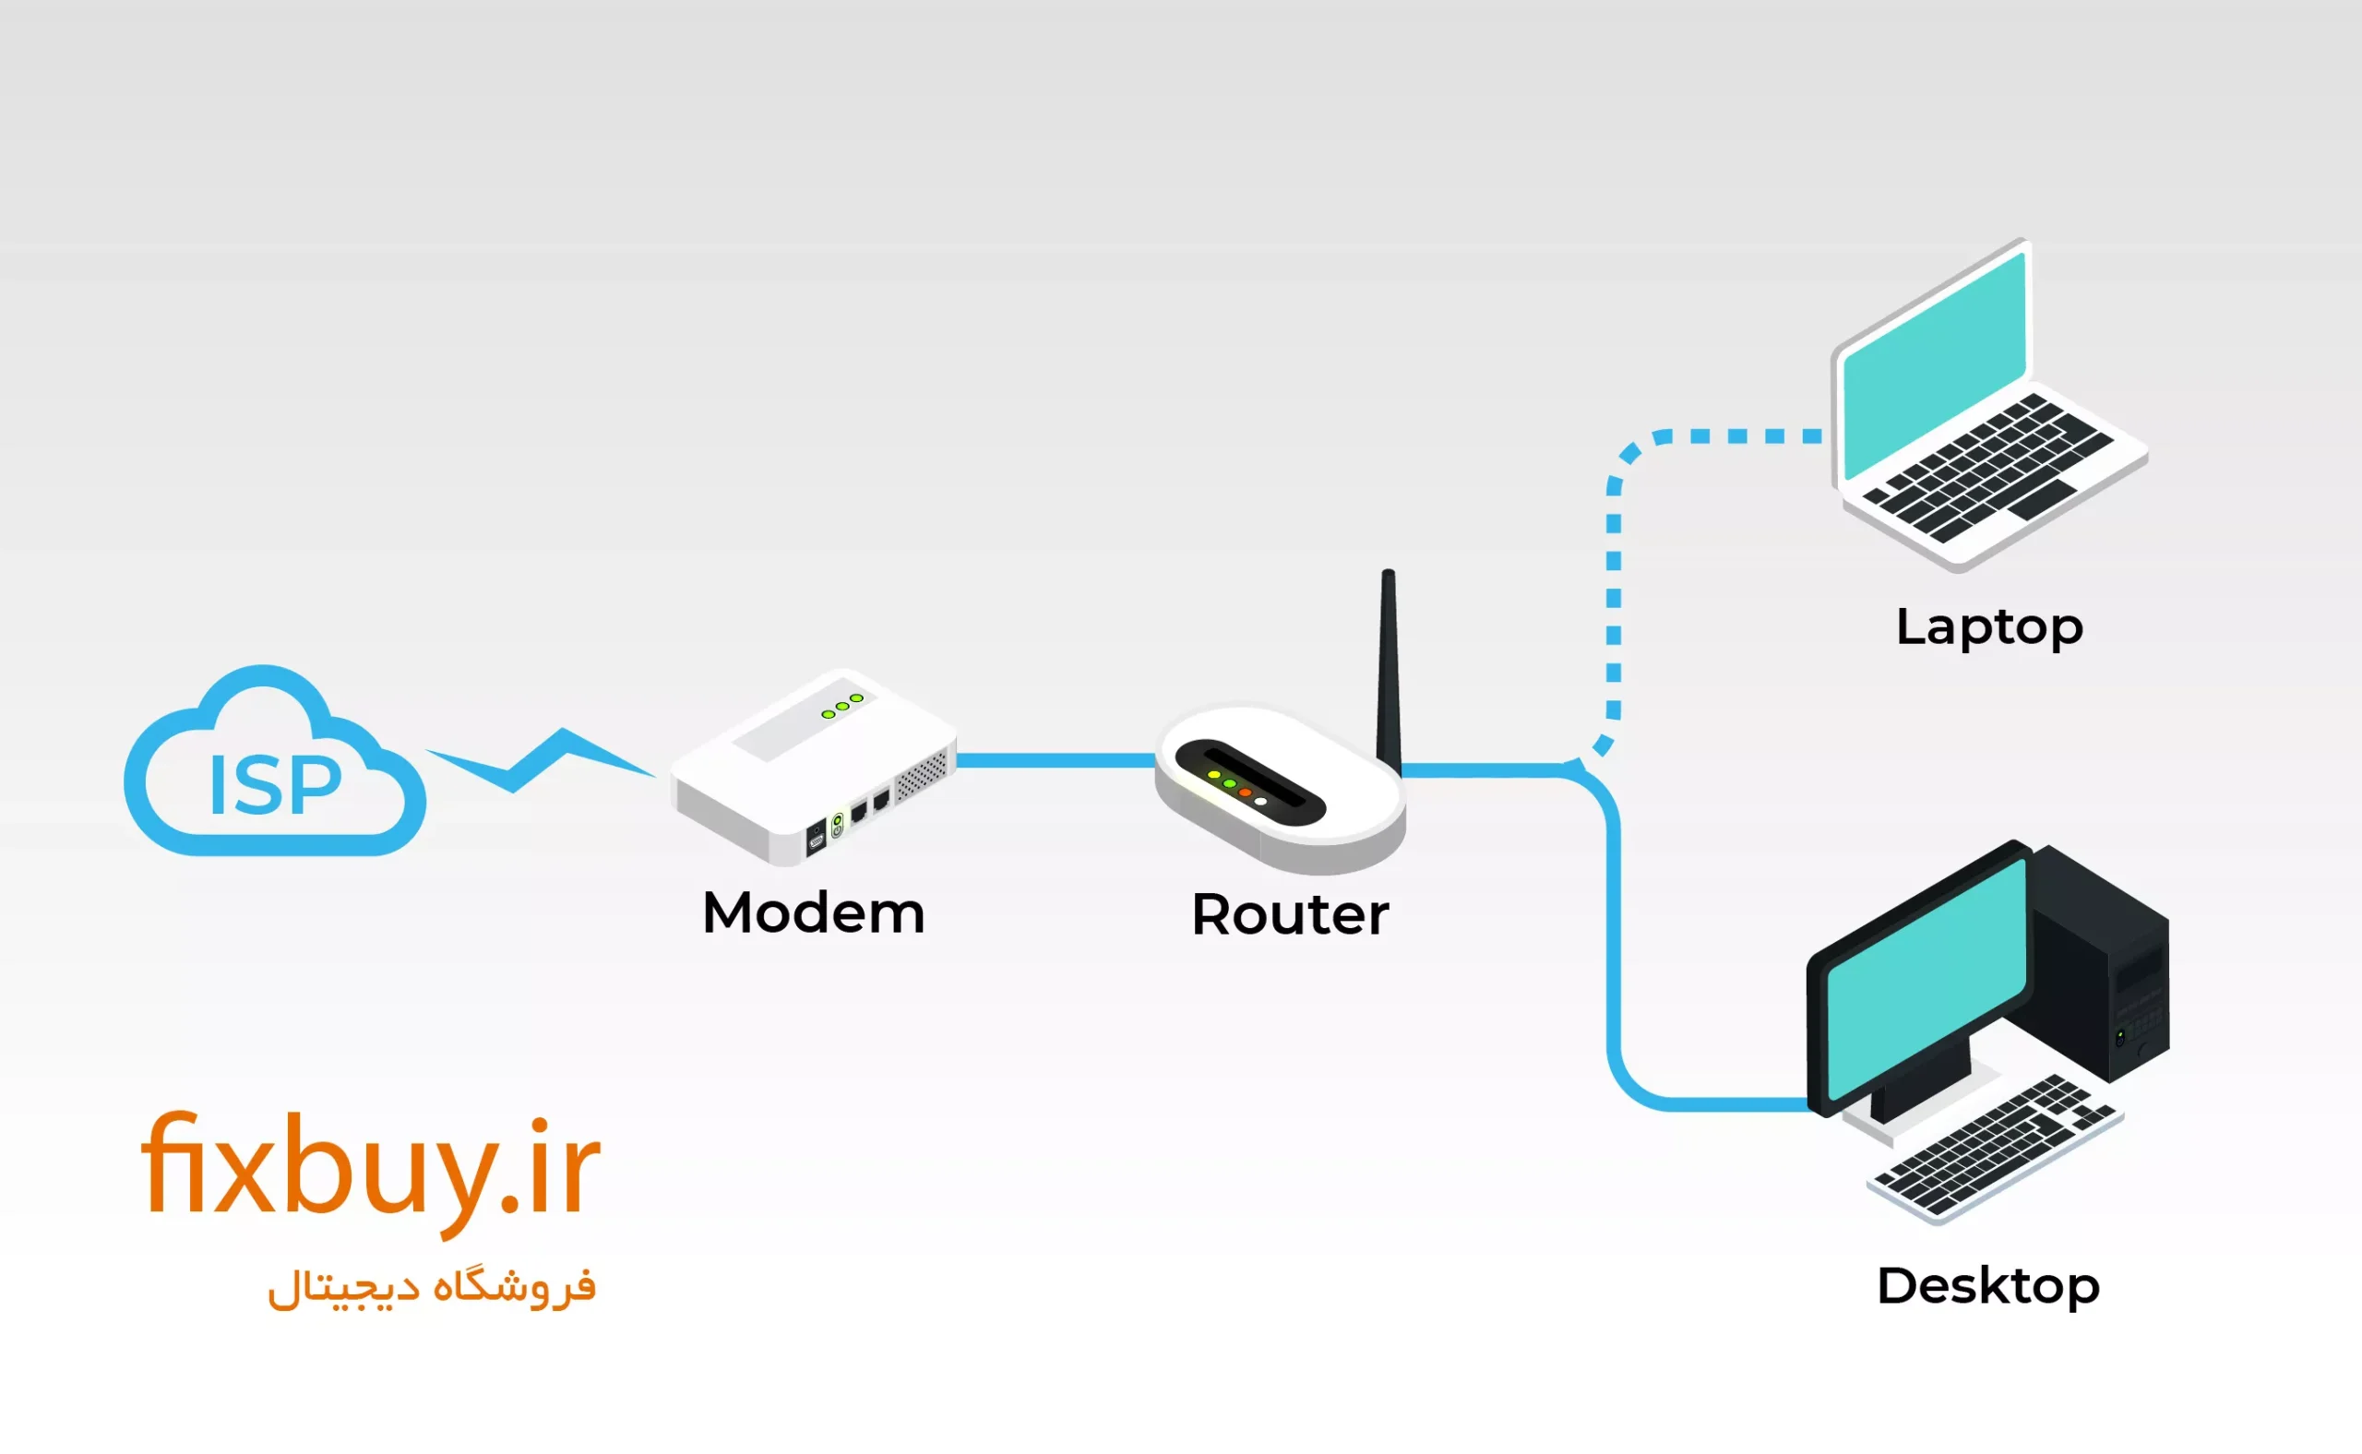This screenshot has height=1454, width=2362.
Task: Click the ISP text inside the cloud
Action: (x=274, y=786)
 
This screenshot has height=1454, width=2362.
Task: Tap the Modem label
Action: (x=813, y=912)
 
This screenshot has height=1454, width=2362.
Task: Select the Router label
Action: (x=1290, y=914)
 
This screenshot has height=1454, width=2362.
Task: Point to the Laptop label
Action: (x=1989, y=628)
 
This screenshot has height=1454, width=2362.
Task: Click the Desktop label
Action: (x=1986, y=1287)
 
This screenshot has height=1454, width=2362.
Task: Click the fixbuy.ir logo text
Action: (x=370, y=1168)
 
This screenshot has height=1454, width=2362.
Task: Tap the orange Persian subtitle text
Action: (x=432, y=1288)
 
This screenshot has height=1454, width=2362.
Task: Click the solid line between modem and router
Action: (x=1055, y=760)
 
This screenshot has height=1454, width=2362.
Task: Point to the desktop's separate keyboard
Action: (x=1996, y=1150)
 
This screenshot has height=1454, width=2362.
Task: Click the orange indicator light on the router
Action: (x=1245, y=793)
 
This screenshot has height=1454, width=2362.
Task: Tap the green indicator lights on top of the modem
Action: (x=841, y=706)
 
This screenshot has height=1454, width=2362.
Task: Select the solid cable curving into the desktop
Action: (x=1615, y=961)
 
